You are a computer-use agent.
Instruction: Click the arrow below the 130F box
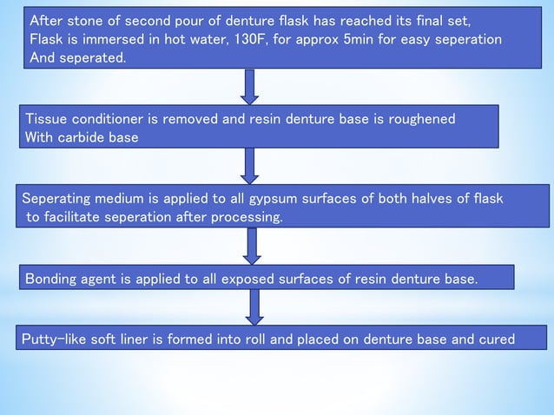coord(250,85)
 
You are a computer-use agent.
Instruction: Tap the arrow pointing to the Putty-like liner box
coord(254,306)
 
